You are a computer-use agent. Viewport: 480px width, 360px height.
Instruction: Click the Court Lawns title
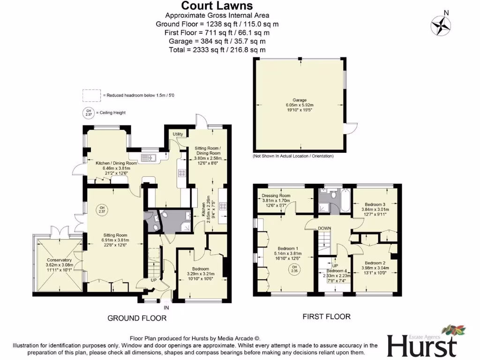217,6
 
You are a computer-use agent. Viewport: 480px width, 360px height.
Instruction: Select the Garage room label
300,100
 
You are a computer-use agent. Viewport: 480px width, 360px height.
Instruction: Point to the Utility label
178,135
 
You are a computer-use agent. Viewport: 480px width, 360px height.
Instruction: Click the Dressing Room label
276,195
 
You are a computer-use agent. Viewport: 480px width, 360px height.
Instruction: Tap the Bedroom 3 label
375,204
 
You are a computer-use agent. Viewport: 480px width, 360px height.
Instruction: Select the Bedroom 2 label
375,263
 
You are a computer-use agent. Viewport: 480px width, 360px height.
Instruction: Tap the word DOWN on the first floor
325,228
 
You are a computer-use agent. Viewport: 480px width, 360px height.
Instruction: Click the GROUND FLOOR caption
137,318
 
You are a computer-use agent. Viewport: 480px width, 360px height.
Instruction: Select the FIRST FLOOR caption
326,317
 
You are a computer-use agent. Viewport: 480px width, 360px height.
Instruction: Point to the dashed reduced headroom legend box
91,95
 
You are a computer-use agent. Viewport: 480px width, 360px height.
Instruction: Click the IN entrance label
166,308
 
